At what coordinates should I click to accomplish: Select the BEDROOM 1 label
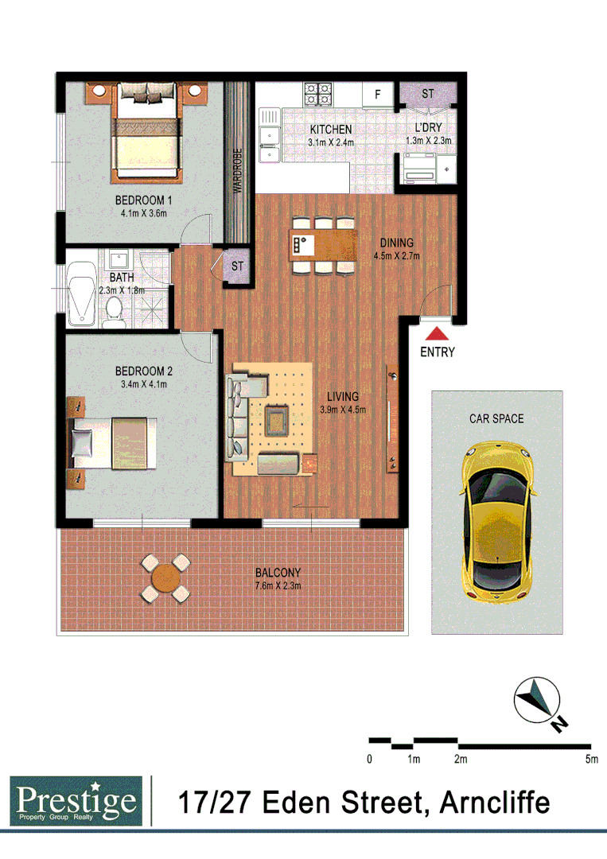[144, 200]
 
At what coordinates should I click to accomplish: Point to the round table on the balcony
[165, 578]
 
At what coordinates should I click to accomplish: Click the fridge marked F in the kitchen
[378, 95]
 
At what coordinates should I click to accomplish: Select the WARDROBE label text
[237, 170]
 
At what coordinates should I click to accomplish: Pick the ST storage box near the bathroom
[237, 267]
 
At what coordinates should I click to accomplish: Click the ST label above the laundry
[428, 94]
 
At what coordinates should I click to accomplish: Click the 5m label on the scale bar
[590, 760]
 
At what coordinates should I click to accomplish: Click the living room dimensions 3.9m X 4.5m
[342, 410]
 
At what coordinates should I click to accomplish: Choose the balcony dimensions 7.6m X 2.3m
[278, 586]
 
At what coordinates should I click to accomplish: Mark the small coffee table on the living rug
[277, 416]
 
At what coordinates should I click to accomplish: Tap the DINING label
[396, 243]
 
